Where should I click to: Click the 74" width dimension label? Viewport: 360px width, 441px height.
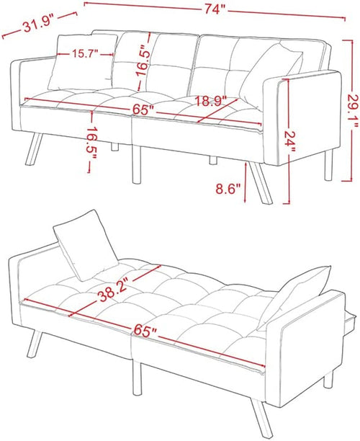[x=214, y=9]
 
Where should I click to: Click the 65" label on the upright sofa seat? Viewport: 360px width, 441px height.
[x=143, y=110]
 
